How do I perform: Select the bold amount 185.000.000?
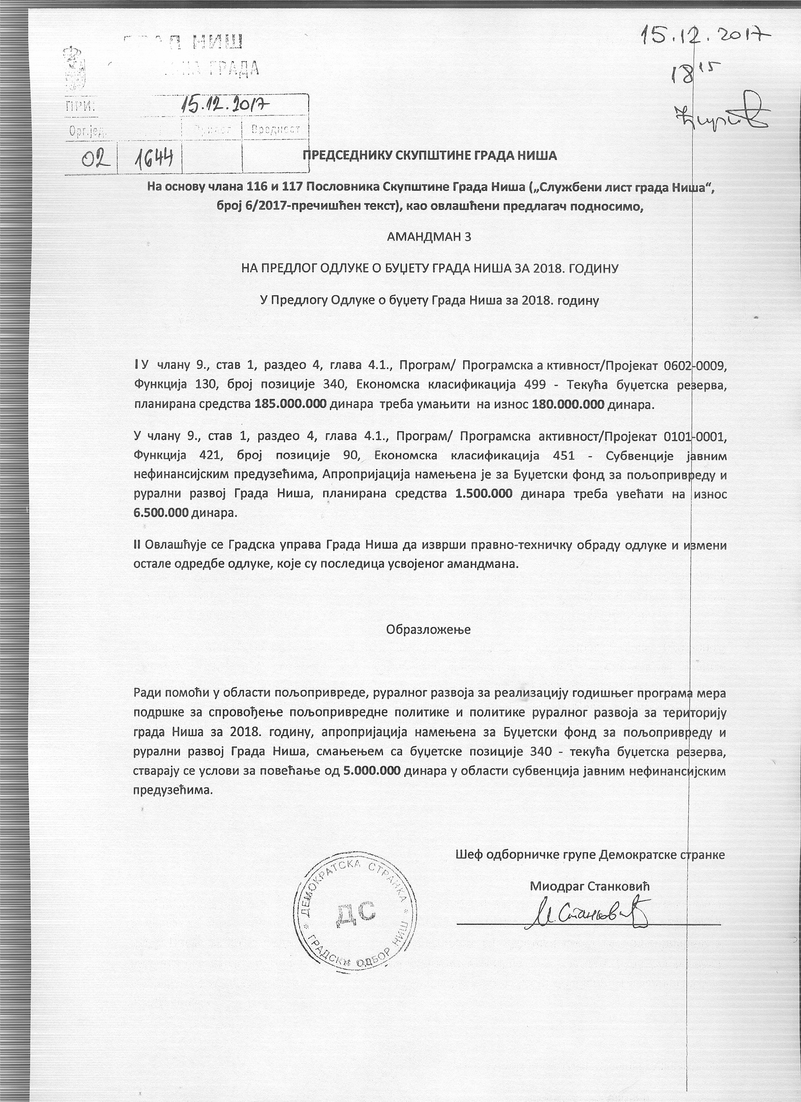click(x=290, y=404)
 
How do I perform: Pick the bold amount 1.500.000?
click(x=483, y=494)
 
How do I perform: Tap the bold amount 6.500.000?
click(x=161, y=512)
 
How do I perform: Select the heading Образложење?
click(x=428, y=629)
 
